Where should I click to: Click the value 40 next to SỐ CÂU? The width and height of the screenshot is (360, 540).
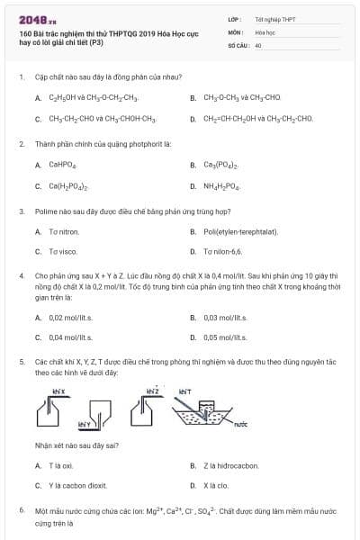click(x=258, y=44)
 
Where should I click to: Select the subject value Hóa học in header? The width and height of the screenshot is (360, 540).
click(x=265, y=31)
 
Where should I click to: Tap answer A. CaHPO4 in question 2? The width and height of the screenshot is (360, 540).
click(x=61, y=165)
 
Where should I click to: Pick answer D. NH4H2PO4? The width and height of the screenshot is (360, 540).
click(x=221, y=186)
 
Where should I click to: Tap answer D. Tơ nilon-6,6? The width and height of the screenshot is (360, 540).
click(x=222, y=251)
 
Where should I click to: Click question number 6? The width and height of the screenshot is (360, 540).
click(x=22, y=510)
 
